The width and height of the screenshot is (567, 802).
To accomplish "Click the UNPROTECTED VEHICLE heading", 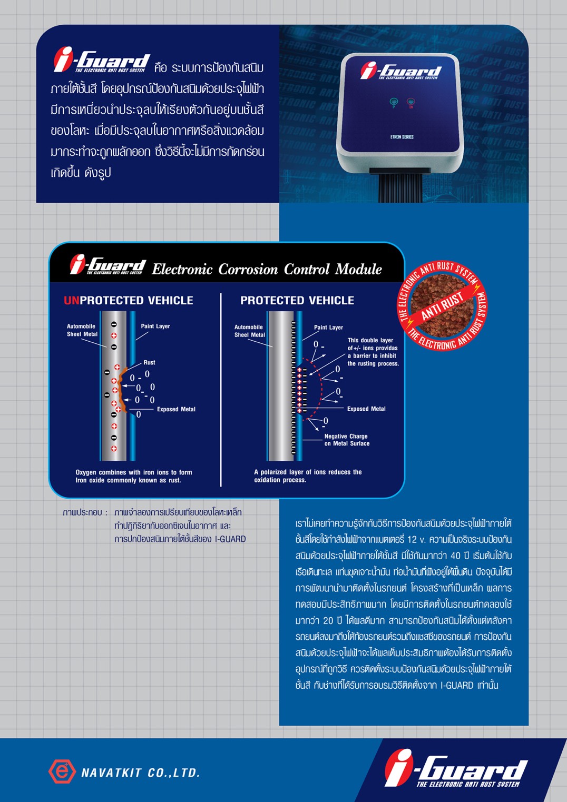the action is [129, 300].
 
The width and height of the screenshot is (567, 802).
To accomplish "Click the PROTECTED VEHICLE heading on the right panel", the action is [297, 300].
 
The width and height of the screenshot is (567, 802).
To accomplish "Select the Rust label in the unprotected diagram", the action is [149, 362].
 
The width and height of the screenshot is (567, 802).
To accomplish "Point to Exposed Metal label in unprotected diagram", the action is [176, 409].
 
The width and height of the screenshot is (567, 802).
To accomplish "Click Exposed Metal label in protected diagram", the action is [366, 409].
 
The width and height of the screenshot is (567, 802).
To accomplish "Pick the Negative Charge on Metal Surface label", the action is [347, 440].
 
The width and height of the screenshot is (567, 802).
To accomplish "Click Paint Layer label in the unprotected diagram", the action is [155, 326].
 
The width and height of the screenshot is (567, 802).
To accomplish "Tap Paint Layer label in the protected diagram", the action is [328, 327].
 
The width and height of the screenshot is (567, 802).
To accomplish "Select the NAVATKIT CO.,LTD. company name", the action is [141, 773].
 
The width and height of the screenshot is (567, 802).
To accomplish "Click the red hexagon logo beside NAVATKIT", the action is [62, 771].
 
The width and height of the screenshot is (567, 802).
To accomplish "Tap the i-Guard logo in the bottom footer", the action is [456, 770].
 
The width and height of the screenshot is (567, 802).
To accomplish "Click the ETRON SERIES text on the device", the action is [402, 137].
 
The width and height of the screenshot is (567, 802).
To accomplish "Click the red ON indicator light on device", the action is [411, 102].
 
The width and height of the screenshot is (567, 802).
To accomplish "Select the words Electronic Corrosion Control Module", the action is [267, 269].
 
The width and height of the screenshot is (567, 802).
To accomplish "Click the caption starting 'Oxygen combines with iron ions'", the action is [134, 476].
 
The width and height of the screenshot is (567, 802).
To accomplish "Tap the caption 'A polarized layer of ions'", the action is [308, 476].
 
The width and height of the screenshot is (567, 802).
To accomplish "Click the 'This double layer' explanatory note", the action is [373, 352].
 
